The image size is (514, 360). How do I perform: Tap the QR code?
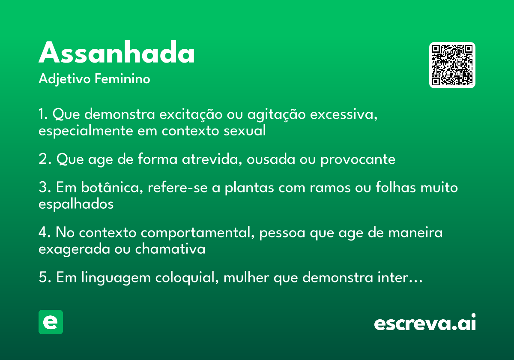pyautogui.click(x=452, y=65)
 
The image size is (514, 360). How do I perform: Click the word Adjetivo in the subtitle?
pyautogui.click(x=65, y=79)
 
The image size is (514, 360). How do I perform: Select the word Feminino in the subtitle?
pyautogui.click(x=123, y=78)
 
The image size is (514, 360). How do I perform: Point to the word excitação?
pyautogui.click(x=191, y=114)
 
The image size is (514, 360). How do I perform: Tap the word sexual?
pyautogui.click(x=245, y=131)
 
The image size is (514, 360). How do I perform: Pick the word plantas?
pyautogui.click(x=249, y=188)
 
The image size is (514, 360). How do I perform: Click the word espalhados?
pyautogui.click(x=76, y=204)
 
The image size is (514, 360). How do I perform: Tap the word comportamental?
pyautogui.click(x=197, y=233)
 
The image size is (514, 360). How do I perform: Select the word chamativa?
pyautogui.click(x=170, y=249)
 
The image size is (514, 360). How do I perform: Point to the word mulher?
pyautogui.click(x=246, y=277)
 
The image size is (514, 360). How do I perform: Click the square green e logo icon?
pyautogui.click(x=51, y=322)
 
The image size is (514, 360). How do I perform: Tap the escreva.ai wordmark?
pyautogui.click(x=425, y=322)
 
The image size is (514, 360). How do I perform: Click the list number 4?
pyautogui.click(x=44, y=232)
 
